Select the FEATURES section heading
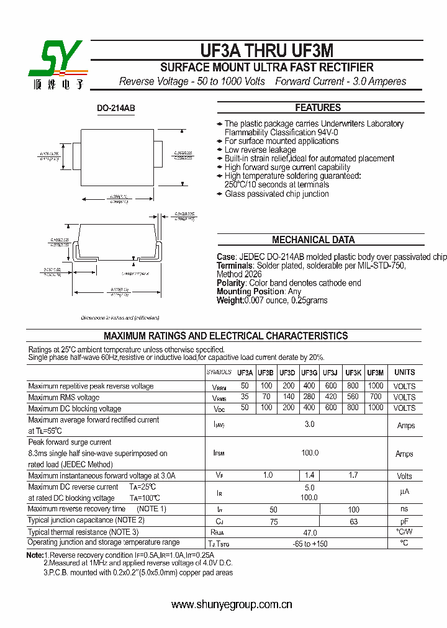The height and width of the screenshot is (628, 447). (318, 107)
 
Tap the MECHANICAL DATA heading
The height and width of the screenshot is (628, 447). (314, 240)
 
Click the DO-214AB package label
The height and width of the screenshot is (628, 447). (115, 108)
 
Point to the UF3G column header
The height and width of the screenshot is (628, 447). (309, 372)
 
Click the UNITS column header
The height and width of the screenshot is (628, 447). (404, 372)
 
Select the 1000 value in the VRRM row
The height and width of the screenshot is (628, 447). (375, 386)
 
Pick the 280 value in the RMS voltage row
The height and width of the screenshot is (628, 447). (309, 397)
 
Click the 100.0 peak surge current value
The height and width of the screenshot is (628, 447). (310, 453)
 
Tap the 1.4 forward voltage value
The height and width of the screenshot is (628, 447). (309, 475)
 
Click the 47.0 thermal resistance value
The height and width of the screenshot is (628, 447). (310, 532)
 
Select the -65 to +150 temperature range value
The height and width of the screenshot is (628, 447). (310, 544)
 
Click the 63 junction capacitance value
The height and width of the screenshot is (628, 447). (353, 521)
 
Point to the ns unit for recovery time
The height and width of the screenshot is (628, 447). (404, 509)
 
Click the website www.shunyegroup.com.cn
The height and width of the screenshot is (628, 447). (232, 604)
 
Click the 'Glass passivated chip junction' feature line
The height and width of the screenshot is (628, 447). (276, 194)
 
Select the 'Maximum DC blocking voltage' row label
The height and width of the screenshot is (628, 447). (74, 408)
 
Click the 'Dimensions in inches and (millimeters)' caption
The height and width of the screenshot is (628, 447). (120, 318)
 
